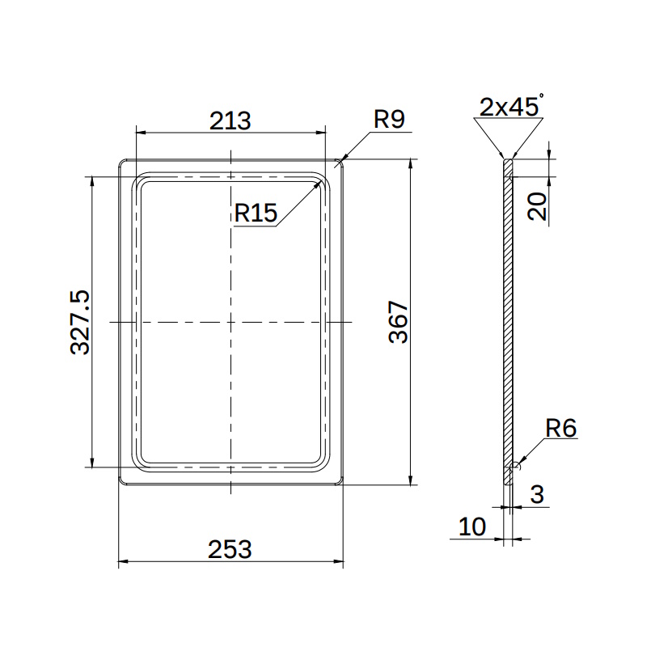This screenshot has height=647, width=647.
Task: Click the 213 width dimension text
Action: coord(230,121)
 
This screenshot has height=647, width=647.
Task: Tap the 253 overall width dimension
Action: coord(230,550)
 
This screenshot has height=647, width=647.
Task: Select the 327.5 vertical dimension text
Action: coord(79,322)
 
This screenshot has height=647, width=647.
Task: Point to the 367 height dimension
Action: coord(398,322)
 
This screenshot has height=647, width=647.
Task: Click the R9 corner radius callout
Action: coord(389,119)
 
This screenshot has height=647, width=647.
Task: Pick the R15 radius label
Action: coord(256,213)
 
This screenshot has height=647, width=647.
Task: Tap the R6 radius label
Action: coord(560,428)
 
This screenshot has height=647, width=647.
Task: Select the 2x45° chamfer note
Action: coord(511,106)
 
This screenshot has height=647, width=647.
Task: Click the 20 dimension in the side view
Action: coord(537,206)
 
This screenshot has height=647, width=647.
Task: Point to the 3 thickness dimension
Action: coord(537,494)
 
